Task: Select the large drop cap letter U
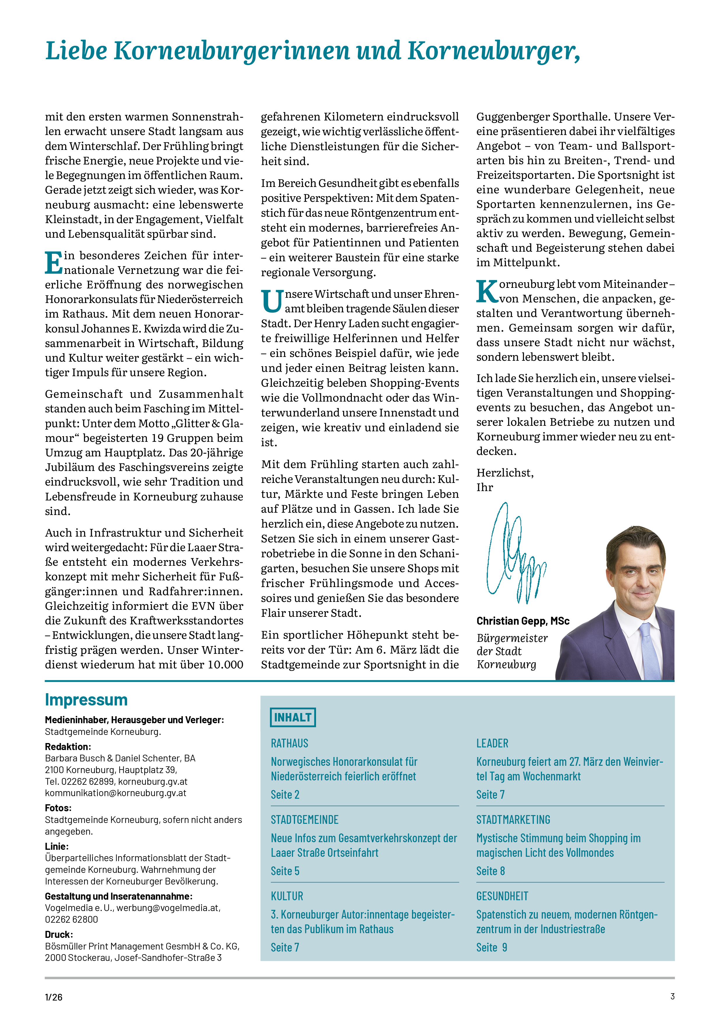[272, 302]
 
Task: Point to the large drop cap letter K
[487, 292]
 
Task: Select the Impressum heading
[86, 700]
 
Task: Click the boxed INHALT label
[293, 717]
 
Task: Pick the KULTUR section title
[287, 896]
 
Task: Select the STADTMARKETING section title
[513, 820]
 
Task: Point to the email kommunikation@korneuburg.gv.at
[115, 793]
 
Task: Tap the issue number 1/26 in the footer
[53, 997]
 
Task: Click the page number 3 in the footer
[672, 996]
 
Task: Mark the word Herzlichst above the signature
[505, 473]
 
